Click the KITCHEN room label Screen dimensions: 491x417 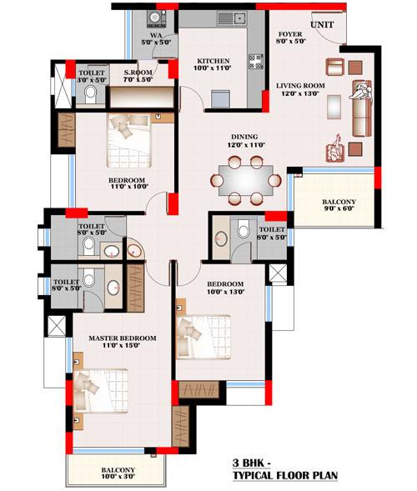(213, 62)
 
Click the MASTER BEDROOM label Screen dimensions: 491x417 (123, 338)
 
